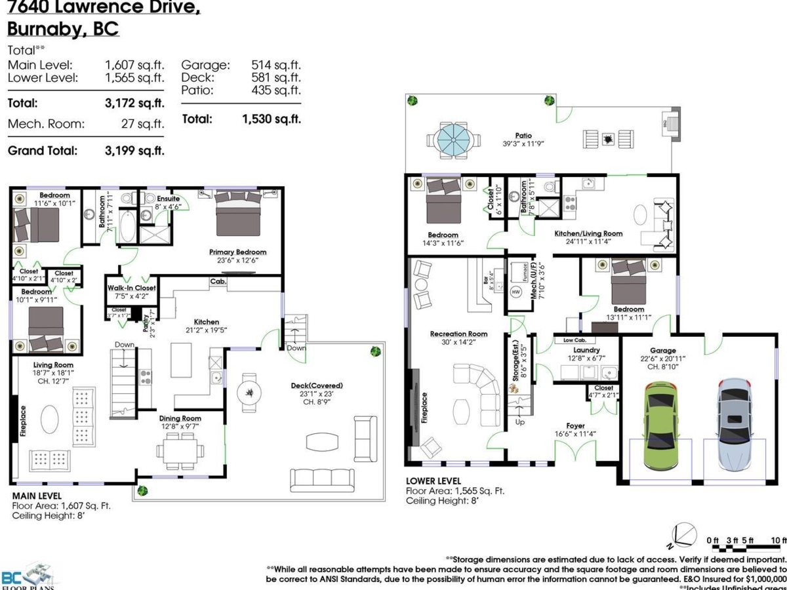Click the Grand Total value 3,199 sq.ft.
coord(134,151)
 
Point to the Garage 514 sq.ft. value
coord(275,65)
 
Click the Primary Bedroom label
coord(237,252)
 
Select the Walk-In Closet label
coord(131,287)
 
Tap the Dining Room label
coord(180,418)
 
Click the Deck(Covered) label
coord(317,385)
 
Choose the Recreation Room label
coord(458,334)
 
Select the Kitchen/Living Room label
coord(588,233)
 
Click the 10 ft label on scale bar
coord(778,540)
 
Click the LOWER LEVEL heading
coord(433,481)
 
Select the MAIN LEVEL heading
coord(37,496)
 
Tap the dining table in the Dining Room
coord(180,451)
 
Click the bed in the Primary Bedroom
coord(237,214)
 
